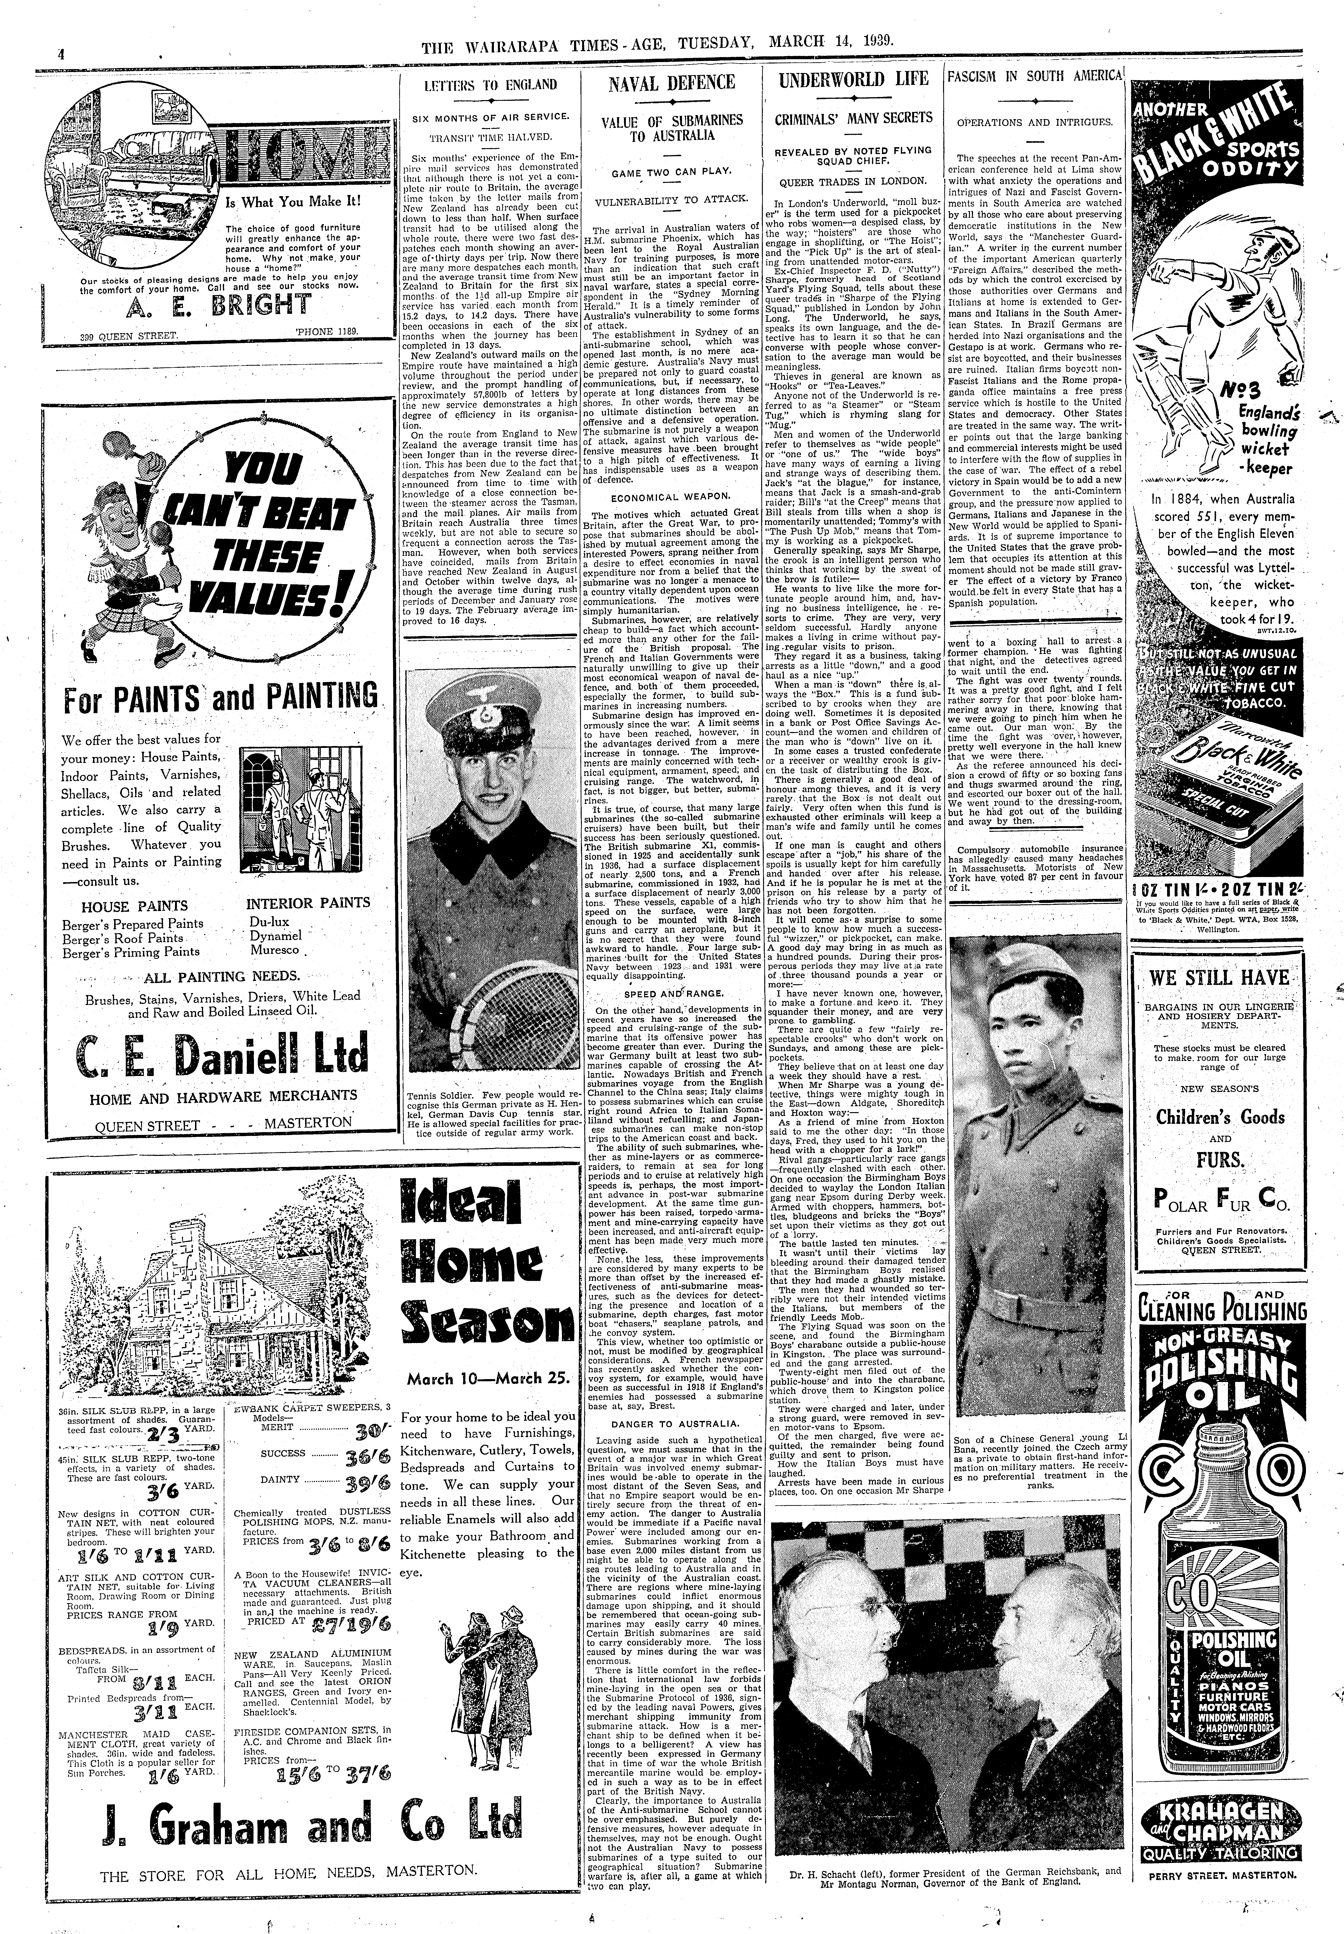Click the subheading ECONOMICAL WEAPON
pos(671,497)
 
